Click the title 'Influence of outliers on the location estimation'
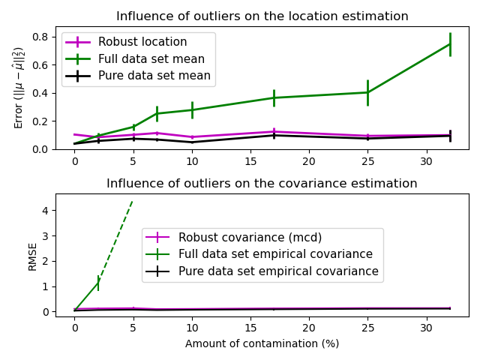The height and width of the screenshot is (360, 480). coord(262,16)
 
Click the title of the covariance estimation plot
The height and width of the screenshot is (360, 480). coord(262,184)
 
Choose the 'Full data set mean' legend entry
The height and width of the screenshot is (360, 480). coord(153,58)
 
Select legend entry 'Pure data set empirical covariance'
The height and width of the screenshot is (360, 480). coord(278,271)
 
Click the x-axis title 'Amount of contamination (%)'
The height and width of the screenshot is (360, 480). coord(262,343)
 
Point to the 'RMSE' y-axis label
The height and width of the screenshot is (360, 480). coord(33,256)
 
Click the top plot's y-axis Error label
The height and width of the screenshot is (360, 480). coord(19,88)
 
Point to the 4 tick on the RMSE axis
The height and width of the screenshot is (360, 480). coord(46,211)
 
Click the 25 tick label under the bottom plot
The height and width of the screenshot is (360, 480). coord(367,328)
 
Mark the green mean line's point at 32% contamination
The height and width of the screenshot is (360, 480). coord(450,43)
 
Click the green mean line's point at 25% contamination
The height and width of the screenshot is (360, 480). coord(367,92)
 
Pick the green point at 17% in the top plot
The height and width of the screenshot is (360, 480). coord(274,97)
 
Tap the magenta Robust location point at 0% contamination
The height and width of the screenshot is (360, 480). coord(74,134)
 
